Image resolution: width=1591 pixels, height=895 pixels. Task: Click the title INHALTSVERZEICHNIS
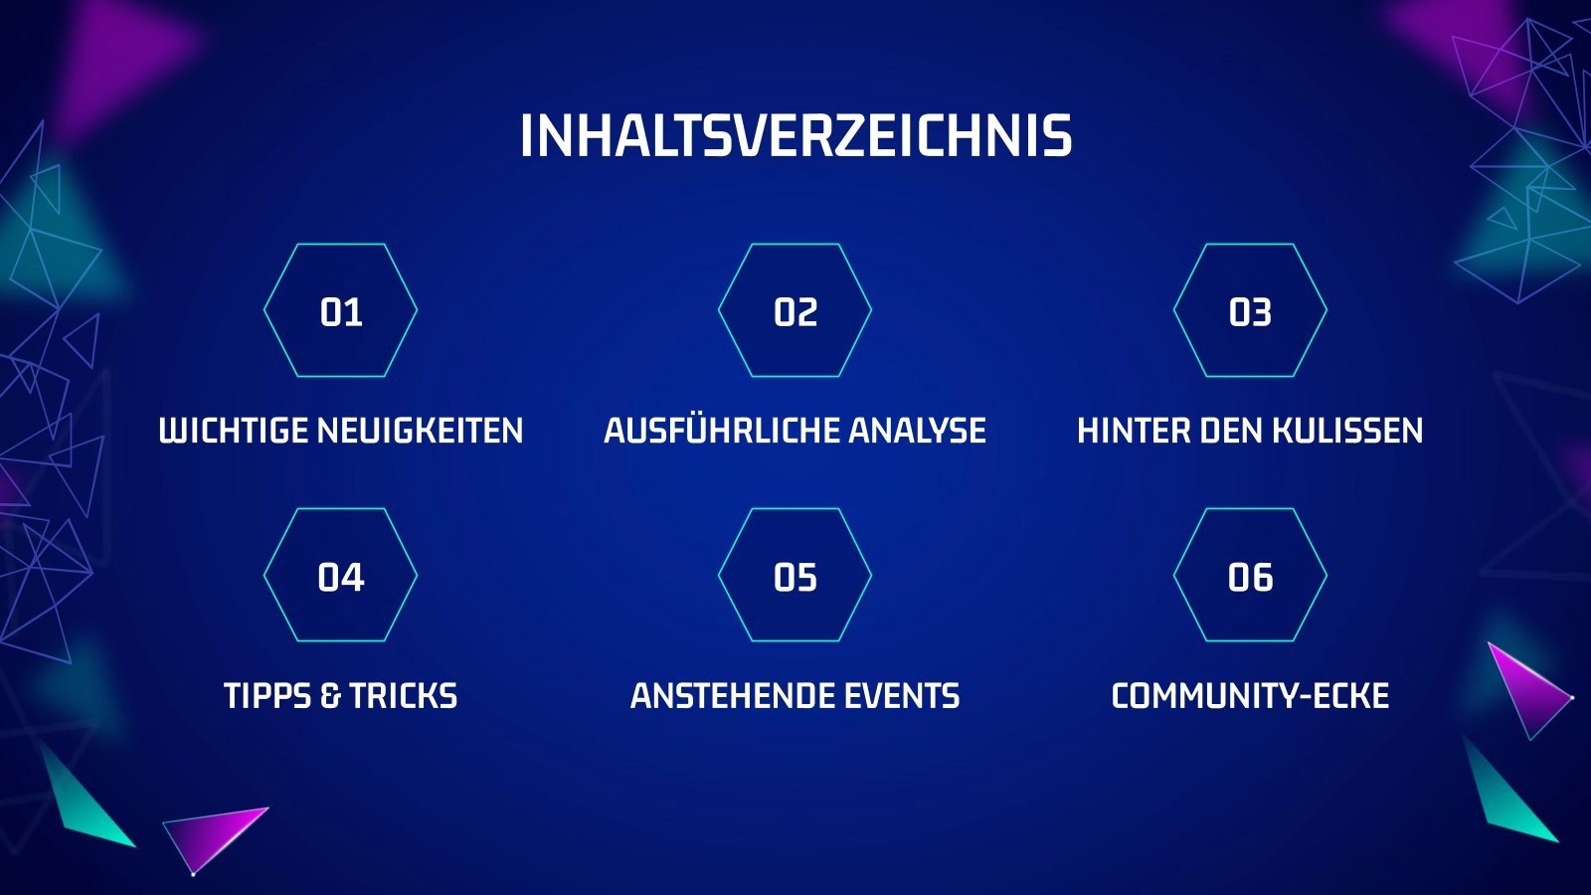(x=795, y=135)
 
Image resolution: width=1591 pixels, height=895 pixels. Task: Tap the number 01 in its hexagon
(x=341, y=312)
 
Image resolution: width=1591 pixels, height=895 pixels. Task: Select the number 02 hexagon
(x=795, y=310)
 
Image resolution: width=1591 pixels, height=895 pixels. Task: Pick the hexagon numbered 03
(x=1250, y=310)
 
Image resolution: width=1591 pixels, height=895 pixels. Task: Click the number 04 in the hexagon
(x=341, y=578)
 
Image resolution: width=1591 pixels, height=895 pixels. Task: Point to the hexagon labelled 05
(x=795, y=576)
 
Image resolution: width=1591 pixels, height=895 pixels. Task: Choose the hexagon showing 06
(x=1250, y=576)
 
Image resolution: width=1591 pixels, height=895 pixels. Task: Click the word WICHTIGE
(x=235, y=431)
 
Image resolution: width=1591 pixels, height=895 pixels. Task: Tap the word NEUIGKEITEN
(x=421, y=431)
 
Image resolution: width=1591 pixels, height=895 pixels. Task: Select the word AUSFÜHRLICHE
(x=722, y=429)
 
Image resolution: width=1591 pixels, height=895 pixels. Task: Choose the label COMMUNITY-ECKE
(x=1250, y=695)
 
